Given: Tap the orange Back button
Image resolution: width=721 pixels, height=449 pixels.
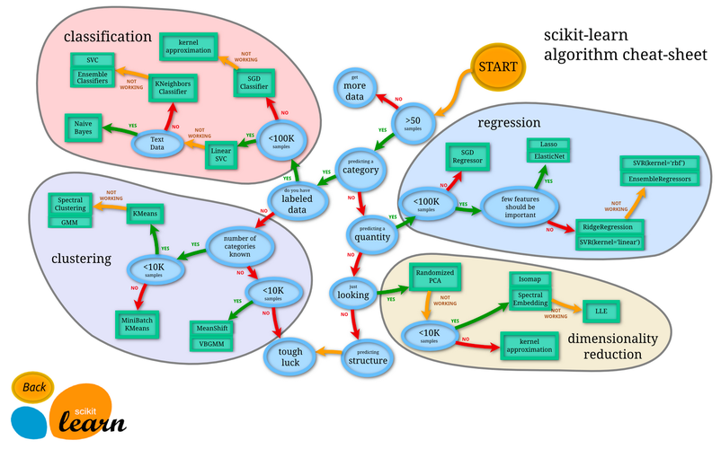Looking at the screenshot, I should tap(35, 387).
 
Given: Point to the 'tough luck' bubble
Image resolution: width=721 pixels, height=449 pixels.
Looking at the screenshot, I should tap(289, 357).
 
